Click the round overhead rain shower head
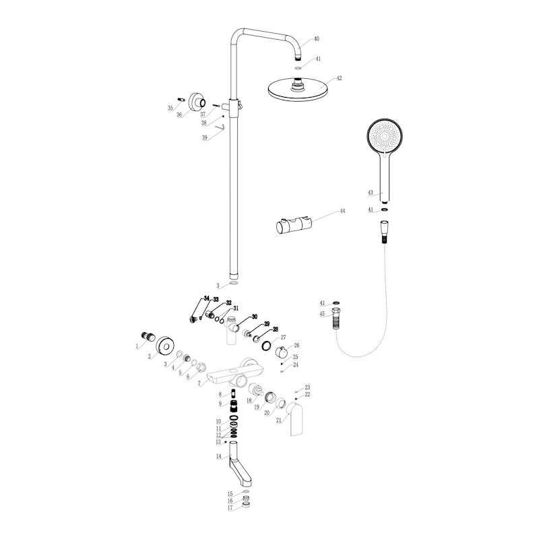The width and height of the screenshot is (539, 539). [x=297, y=90]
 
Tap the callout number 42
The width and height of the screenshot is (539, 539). [x=340, y=78]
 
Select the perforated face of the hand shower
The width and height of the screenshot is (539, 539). [x=384, y=136]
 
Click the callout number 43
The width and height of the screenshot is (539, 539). [x=370, y=193]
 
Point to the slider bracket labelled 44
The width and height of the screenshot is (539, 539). [x=294, y=226]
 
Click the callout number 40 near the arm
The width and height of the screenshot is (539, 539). [x=317, y=39]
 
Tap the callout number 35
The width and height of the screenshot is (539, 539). [x=170, y=108]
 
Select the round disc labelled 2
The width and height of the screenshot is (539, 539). [x=165, y=345]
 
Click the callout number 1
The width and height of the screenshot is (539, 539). [x=137, y=346]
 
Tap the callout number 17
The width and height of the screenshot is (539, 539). [x=230, y=508]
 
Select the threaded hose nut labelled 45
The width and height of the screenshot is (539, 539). [x=336, y=318]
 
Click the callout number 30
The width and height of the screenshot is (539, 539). [x=255, y=317]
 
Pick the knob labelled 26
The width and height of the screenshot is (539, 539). [x=282, y=352]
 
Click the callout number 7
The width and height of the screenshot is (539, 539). [x=199, y=383]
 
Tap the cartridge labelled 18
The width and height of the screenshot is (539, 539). [x=255, y=390]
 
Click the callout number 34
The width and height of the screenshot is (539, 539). [x=206, y=298]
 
